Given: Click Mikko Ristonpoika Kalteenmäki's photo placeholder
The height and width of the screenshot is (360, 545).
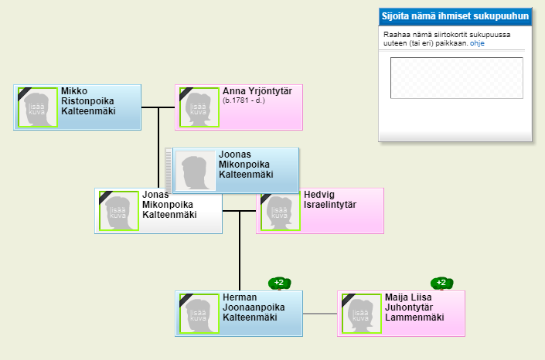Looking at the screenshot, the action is [38, 107].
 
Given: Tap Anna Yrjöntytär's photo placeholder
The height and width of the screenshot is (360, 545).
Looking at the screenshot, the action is [199, 107].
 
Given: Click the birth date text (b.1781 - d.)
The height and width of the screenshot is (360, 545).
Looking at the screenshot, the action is [244, 100].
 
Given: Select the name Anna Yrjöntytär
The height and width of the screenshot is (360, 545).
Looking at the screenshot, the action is [257, 91].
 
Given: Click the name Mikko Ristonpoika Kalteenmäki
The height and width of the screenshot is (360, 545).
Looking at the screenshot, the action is [88, 101].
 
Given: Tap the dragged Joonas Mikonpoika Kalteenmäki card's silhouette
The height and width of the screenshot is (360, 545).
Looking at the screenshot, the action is [196, 171].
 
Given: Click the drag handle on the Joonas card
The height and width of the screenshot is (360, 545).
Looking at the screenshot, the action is [169, 170].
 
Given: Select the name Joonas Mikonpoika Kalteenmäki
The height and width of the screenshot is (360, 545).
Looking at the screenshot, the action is [246, 165].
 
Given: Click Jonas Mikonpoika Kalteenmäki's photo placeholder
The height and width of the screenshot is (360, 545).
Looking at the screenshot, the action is [119, 211].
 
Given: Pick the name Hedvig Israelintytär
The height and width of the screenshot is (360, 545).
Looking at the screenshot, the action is [330, 199].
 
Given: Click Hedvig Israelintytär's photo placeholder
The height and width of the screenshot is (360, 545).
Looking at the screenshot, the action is [280, 212].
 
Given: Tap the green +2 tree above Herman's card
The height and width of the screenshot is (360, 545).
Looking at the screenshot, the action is [279, 284].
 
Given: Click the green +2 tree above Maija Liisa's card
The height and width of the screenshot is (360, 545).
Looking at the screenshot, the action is [441, 284].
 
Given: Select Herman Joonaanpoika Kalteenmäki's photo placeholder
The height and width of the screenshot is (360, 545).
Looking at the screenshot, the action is [199, 314].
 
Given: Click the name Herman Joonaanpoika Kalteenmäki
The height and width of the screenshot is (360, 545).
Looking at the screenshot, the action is [254, 307].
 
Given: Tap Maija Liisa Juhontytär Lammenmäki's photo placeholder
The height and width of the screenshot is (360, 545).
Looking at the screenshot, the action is [362, 314].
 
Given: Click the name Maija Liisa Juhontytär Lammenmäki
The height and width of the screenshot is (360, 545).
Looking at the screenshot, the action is [414, 307].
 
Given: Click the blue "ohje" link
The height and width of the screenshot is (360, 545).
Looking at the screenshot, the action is [477, 43].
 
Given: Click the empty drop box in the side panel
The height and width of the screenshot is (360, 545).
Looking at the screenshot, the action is [457, 78].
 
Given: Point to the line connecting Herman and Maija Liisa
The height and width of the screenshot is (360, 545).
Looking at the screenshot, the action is [320, 314].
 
